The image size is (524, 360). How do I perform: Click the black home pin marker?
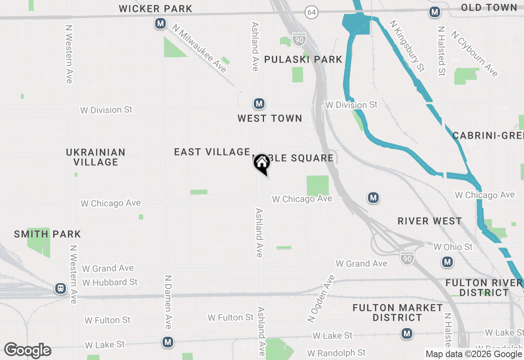pyautogui.click(x=262, y=164)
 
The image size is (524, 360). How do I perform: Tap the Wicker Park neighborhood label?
pyautogui.click(x=156, y=9)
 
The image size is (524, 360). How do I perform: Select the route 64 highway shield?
pyautogui.click(x=312, y=12)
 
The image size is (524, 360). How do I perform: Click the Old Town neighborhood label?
pyautogui.click(x=489, y=7)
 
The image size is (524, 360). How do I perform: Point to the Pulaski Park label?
pyautogui.click(x=303, y=59)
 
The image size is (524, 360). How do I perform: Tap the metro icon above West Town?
pyautogui.click(x=259, y=104)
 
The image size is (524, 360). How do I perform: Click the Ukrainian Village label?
pyautogui.click(x=95, y=157)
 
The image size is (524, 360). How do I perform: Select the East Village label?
pyautogui.click(x=212, y=152)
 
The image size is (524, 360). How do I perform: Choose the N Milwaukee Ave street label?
pyautogui.click(x=199, y=48)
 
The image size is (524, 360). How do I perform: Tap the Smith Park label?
pyautogui.click(x=47, y=234)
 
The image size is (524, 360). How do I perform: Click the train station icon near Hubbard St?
pyautogui.click(x=61, y=289)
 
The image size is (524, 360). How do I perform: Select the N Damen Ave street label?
pyautogui.click(x=167, y=301)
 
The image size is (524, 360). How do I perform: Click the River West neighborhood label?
pyautogui.click(x=429, y=221)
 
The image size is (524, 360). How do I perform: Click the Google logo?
pyautogui.click(x=27, y=351)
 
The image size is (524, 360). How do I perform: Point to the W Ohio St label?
pyautogui.click(x=453, y=247)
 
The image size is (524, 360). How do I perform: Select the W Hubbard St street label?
pyautogui.click(x=110, y=282)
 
